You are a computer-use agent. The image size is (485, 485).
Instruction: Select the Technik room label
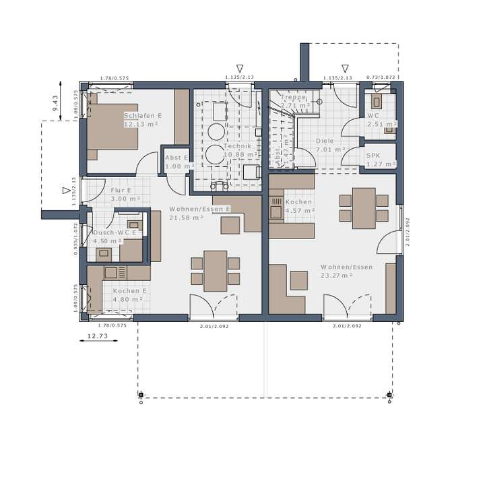point(238,146)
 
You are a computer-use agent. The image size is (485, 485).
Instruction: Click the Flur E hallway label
point(122,190)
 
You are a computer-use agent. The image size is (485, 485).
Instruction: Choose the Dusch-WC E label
point(115,232)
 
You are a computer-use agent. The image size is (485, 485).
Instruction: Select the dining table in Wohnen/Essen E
point(216,270)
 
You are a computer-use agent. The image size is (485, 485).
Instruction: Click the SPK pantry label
point(373,156)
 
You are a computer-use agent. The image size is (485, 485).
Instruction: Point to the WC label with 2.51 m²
point(374,115)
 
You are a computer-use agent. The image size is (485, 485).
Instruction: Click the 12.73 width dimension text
point(98,335)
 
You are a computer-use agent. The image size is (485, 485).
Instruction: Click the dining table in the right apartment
point(364,207)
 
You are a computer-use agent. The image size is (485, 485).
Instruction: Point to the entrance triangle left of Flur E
point(65,191)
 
